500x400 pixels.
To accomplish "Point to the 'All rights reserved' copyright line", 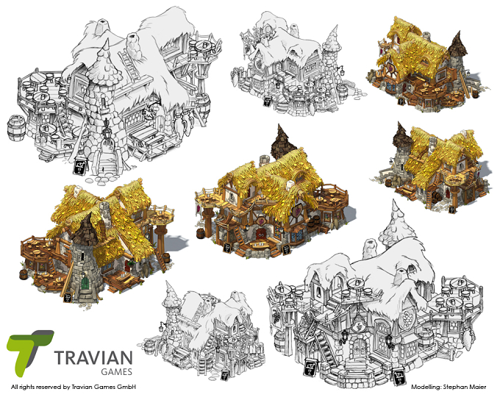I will click(x=74, y=386).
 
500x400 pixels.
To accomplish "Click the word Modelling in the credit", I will click(x=427, y=386).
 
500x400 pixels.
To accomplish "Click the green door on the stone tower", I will click(x=86, y=282).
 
